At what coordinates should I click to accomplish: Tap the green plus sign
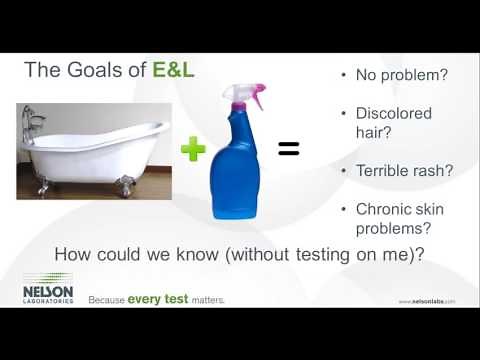(193, 151)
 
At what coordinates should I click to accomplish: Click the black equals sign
(288, 150)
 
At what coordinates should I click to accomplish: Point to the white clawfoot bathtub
(95, 155)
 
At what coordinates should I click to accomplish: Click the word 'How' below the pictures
(72, 254)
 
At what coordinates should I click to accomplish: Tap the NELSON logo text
(47, 288)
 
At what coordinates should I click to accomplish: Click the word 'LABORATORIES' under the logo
(47, 299)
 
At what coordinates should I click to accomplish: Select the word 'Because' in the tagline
(106, 299)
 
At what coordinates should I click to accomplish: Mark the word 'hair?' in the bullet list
(376, 131)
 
